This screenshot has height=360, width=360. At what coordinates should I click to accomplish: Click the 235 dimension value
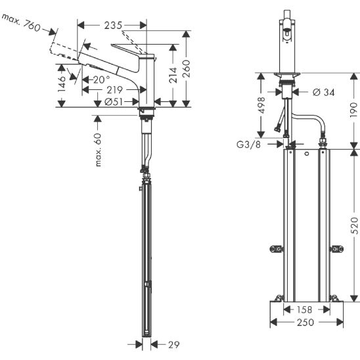pyautogui.click(x=113, y=25)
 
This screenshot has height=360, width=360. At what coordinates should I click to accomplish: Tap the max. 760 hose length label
pyautogui.click(x=21, y=22)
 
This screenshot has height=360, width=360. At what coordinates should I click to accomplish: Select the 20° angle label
pyautogui.click(x=101, y=79)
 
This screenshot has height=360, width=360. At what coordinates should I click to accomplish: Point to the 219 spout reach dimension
pyautogui.click(x=114, y=90)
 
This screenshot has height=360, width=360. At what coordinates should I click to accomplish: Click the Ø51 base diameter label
pyautogui.click(x=114, y=102)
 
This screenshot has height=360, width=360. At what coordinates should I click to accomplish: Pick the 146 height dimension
pyautogui.click(x=62, y=84)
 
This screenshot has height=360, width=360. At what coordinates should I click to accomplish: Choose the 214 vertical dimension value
pyautogui.click(x=173, y=75)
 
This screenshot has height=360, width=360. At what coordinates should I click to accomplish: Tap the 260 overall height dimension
pyautogui.click(x=186, y=68)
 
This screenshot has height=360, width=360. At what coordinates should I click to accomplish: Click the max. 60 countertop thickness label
pyautogui.click(x=98, y=150)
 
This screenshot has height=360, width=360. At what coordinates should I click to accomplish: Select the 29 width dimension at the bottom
pyautogui.click(x=174, y=345)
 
